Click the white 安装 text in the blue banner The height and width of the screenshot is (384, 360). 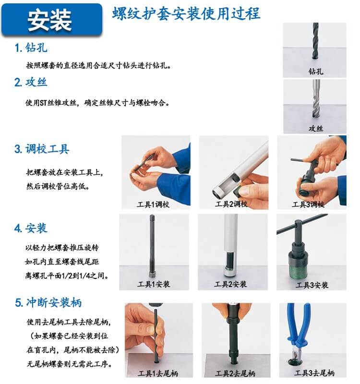coord(49,20)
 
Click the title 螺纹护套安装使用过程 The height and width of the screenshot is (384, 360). coord(186,13)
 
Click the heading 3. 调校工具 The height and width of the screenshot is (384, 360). coord(42,149)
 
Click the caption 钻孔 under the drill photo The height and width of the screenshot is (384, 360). coord(315,72)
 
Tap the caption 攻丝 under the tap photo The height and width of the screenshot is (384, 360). coord(315,129)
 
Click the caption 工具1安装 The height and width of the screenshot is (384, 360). coord(154,284)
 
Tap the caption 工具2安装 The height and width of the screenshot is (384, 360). coord(230,284)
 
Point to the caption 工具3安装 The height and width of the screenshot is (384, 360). coord(312,285)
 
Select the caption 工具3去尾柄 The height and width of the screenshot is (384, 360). coord(314,373)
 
